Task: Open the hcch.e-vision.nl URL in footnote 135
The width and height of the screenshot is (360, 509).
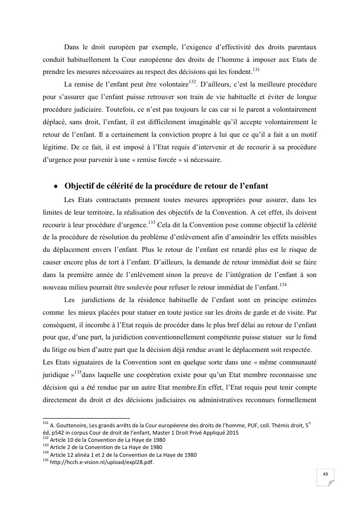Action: (x=101, y=462)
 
